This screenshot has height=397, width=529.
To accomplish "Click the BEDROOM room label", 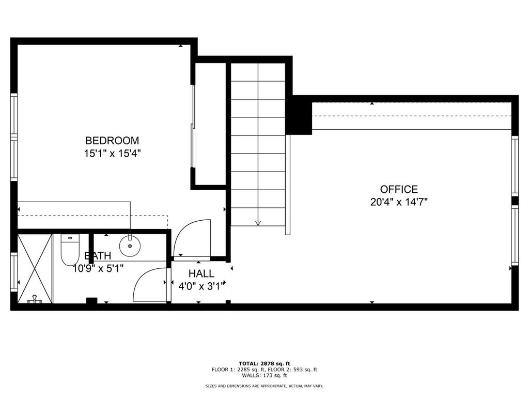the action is pos(112,141).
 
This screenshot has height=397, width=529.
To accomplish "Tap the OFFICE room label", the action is pos(399,189).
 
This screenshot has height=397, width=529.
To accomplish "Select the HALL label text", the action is pos(201,273).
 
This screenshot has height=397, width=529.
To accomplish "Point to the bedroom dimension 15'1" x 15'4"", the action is pos(112,154).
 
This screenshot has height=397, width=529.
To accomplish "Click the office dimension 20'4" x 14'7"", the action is pos(399,202).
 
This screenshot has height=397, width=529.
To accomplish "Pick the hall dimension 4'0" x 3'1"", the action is pos(201,286).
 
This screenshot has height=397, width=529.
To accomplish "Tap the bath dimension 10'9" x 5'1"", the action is pos(98,269).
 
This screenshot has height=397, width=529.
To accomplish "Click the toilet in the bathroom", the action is pos(70,250).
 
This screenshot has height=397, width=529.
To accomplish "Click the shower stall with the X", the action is pos(35,269).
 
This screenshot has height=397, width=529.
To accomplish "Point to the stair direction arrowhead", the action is pos(258,223).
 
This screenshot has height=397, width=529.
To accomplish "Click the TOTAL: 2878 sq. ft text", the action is pos(264,363).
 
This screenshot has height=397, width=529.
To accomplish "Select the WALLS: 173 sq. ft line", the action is pos(264,375).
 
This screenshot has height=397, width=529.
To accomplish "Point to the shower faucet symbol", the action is pos(35,299).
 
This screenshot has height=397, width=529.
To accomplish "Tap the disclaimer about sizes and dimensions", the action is pos(264,386).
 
